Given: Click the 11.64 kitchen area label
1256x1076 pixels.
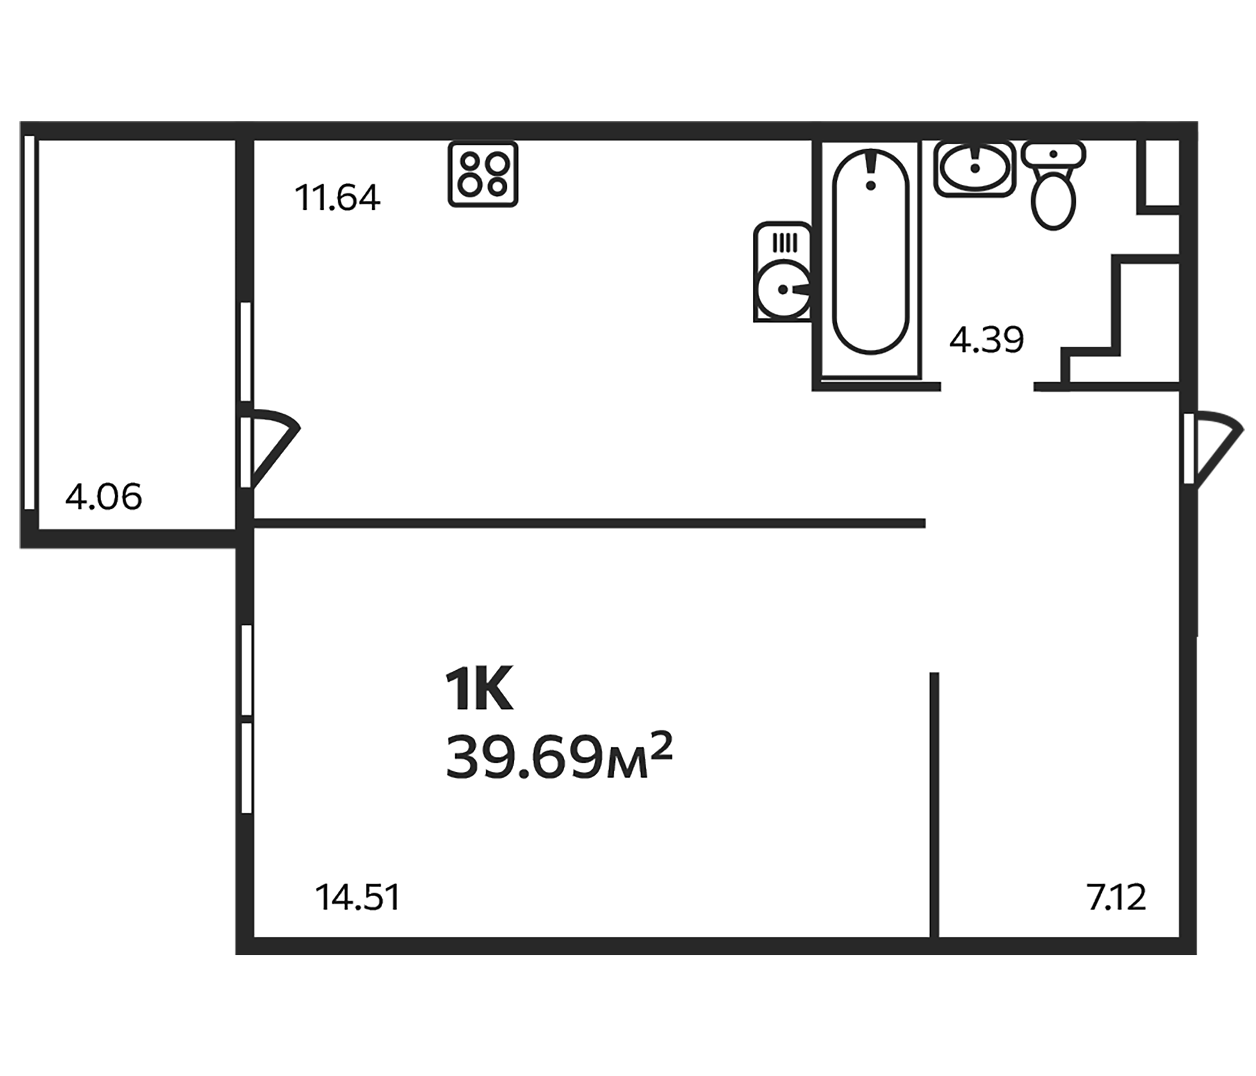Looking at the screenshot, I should point(338,198).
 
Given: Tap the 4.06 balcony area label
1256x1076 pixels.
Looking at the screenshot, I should point(103,497).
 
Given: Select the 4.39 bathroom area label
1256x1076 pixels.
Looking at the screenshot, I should point(986,340).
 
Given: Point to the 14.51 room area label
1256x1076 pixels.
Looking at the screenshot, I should point(358,898).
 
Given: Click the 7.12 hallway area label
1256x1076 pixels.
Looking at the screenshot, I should point(1117,898).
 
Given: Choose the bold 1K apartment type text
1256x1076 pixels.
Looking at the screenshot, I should point(479,691).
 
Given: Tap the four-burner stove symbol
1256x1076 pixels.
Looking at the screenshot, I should point(483,174).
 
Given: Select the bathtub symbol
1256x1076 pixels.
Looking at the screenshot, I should point(870,252).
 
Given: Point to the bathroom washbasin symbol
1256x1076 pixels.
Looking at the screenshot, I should point(974,169).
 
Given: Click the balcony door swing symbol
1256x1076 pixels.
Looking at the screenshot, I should point(270,448).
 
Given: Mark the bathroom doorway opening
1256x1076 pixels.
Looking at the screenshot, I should point(987,387).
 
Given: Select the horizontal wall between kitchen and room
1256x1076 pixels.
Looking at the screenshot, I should point(588,524).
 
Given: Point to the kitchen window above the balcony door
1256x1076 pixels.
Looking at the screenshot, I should point(245,351).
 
